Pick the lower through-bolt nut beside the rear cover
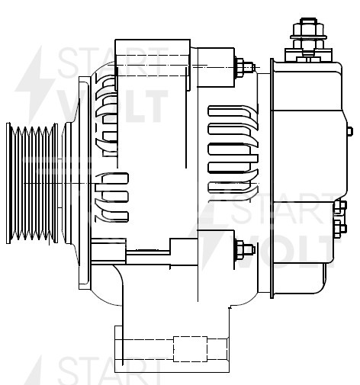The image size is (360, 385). pyautogui.click(x=243, y=249)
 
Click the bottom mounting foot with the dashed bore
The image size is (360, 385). pyautogui.click(x=171, y=348)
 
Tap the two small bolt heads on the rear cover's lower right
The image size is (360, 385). pyautogui.click(x=340, y=217)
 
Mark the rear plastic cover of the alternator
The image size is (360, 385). pyautogui.click(x=305, y=175)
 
